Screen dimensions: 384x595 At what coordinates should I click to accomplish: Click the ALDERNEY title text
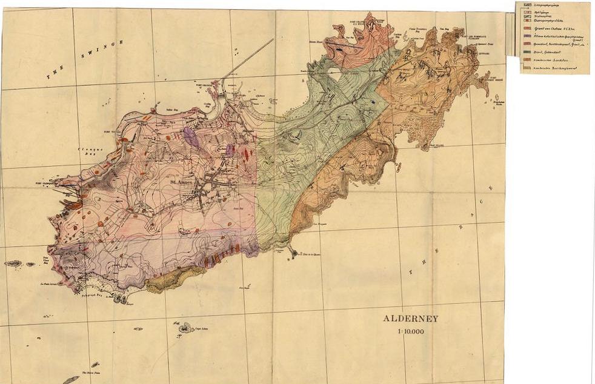[410, 319]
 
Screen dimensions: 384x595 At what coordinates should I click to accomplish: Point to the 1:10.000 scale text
[410, 331]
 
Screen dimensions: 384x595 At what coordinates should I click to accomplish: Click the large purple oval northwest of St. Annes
[191, 137]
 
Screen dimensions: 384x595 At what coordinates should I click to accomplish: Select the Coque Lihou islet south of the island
[184, 328]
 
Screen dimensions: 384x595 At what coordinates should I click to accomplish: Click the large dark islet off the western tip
[13, 263]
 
